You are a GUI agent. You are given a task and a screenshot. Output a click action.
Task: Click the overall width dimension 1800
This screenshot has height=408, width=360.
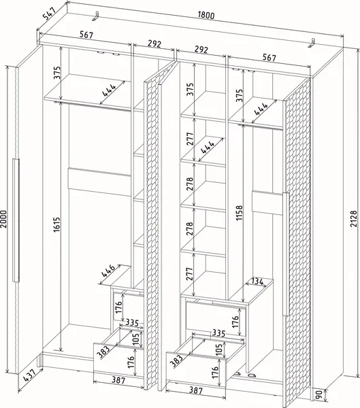(206, 16)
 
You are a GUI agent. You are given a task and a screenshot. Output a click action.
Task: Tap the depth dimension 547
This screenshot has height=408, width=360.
(50, 14)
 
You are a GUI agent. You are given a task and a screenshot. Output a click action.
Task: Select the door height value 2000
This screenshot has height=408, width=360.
(4, 219)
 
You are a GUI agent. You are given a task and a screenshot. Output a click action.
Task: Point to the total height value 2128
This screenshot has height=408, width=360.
(353, 219)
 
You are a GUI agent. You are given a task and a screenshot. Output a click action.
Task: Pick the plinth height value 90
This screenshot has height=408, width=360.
(319, 394)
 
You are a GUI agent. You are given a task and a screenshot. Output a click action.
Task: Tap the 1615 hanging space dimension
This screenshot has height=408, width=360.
(57, 225)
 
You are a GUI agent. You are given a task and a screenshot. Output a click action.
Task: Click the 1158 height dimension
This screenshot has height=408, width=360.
(239, 213)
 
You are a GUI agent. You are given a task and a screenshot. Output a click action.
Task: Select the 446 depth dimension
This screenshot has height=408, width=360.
(108, 271)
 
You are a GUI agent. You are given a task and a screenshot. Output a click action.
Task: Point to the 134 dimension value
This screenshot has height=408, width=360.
(258, 282)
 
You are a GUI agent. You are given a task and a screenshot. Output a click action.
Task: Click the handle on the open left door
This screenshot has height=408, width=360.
(16, 220)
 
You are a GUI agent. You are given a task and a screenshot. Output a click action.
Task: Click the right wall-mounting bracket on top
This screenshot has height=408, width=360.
(312, 44)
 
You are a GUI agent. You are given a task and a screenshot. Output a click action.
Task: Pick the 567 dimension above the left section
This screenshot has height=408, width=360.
(86, 35)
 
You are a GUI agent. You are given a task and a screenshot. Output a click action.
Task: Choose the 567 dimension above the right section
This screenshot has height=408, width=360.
(269, 57)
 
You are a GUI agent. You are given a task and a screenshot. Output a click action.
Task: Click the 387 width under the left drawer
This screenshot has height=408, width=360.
(118, 380)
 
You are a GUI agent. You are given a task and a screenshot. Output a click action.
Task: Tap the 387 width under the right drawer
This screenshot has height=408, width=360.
(195, 390)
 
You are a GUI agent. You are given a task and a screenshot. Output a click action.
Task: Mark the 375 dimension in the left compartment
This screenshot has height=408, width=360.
(57, 73)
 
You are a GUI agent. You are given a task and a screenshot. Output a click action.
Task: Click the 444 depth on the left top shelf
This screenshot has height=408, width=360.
(109, 90)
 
